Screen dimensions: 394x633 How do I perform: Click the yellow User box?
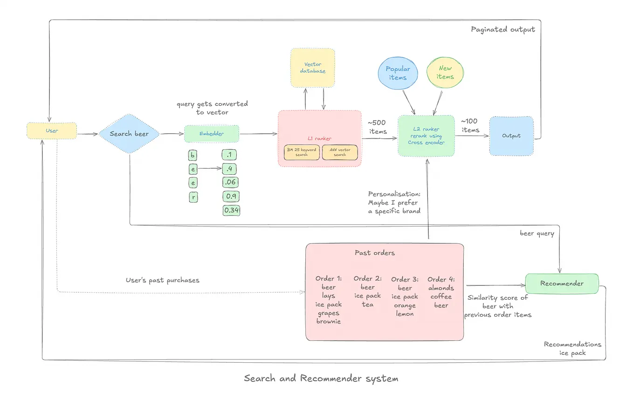[52, 131]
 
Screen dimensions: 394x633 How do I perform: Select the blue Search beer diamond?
[129, 134]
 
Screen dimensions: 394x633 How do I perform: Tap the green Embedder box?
[212, 134]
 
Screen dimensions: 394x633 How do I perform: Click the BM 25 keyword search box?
[302, 152]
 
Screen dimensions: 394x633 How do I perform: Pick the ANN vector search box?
[340, 152]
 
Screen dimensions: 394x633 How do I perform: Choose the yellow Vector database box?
[312, 68]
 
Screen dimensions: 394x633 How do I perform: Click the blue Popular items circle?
[398, 73]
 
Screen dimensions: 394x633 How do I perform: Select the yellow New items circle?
[445, 73]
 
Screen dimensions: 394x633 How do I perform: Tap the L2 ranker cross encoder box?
[426, 136]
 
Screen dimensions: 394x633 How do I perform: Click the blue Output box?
[511, 136]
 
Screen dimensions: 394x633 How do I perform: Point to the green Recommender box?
[562, 283]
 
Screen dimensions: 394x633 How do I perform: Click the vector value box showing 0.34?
[232, 210]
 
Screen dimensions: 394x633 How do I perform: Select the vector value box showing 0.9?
[232, 196]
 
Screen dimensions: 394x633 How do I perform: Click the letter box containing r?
[193, 197]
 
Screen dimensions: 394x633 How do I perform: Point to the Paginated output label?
[502, 29]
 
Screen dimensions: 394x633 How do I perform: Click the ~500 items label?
[378, 127]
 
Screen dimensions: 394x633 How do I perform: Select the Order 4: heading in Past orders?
[441, 279]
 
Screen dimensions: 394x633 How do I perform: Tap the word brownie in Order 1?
[329, 321]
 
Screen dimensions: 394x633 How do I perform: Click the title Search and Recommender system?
[321, 378]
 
